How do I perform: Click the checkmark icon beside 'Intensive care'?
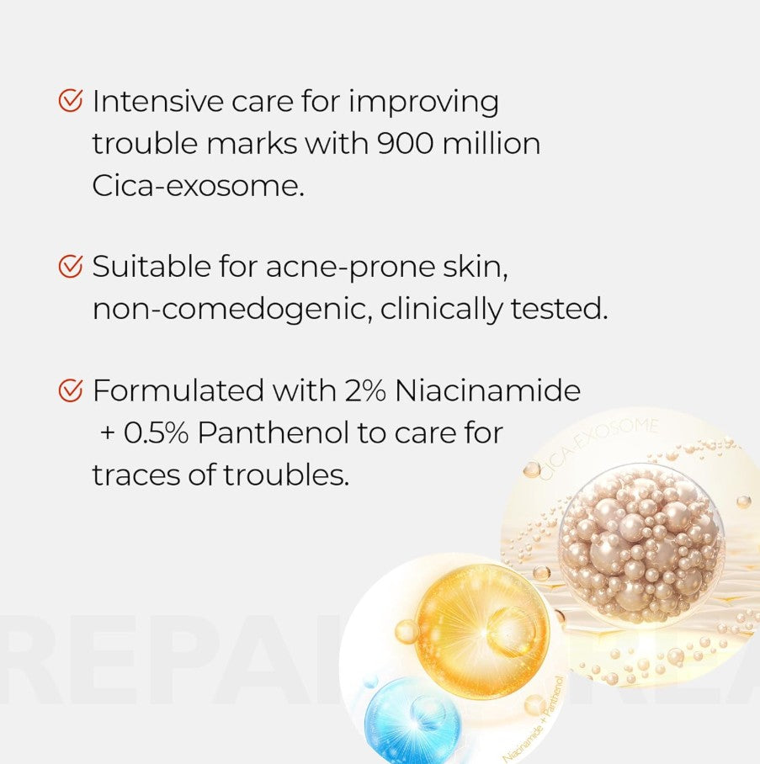click(71, 102)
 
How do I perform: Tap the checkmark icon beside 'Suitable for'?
click(71, 267)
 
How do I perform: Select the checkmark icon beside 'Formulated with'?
click(71, 390)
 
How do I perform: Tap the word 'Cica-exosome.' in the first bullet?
click(198, 185)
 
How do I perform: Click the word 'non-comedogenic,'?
click(231, 310)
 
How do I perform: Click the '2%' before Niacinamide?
click(362, 390)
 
